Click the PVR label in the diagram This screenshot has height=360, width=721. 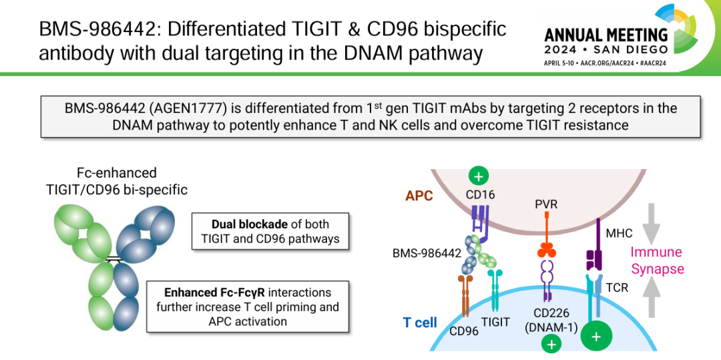(546, 203)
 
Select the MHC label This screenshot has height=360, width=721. (619, 234)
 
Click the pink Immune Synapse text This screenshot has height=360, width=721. (658, 260)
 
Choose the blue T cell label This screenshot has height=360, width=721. (420, 323)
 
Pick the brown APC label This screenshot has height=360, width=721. (419, 196)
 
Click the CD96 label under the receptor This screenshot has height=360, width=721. (463, 331)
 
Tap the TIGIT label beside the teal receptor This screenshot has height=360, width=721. (495, 322)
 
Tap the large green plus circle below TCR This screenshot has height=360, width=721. (596, 337)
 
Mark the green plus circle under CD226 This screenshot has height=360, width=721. (551, 343)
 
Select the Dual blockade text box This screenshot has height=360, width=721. (270, 231)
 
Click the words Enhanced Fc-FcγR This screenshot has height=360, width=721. (211, 293)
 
